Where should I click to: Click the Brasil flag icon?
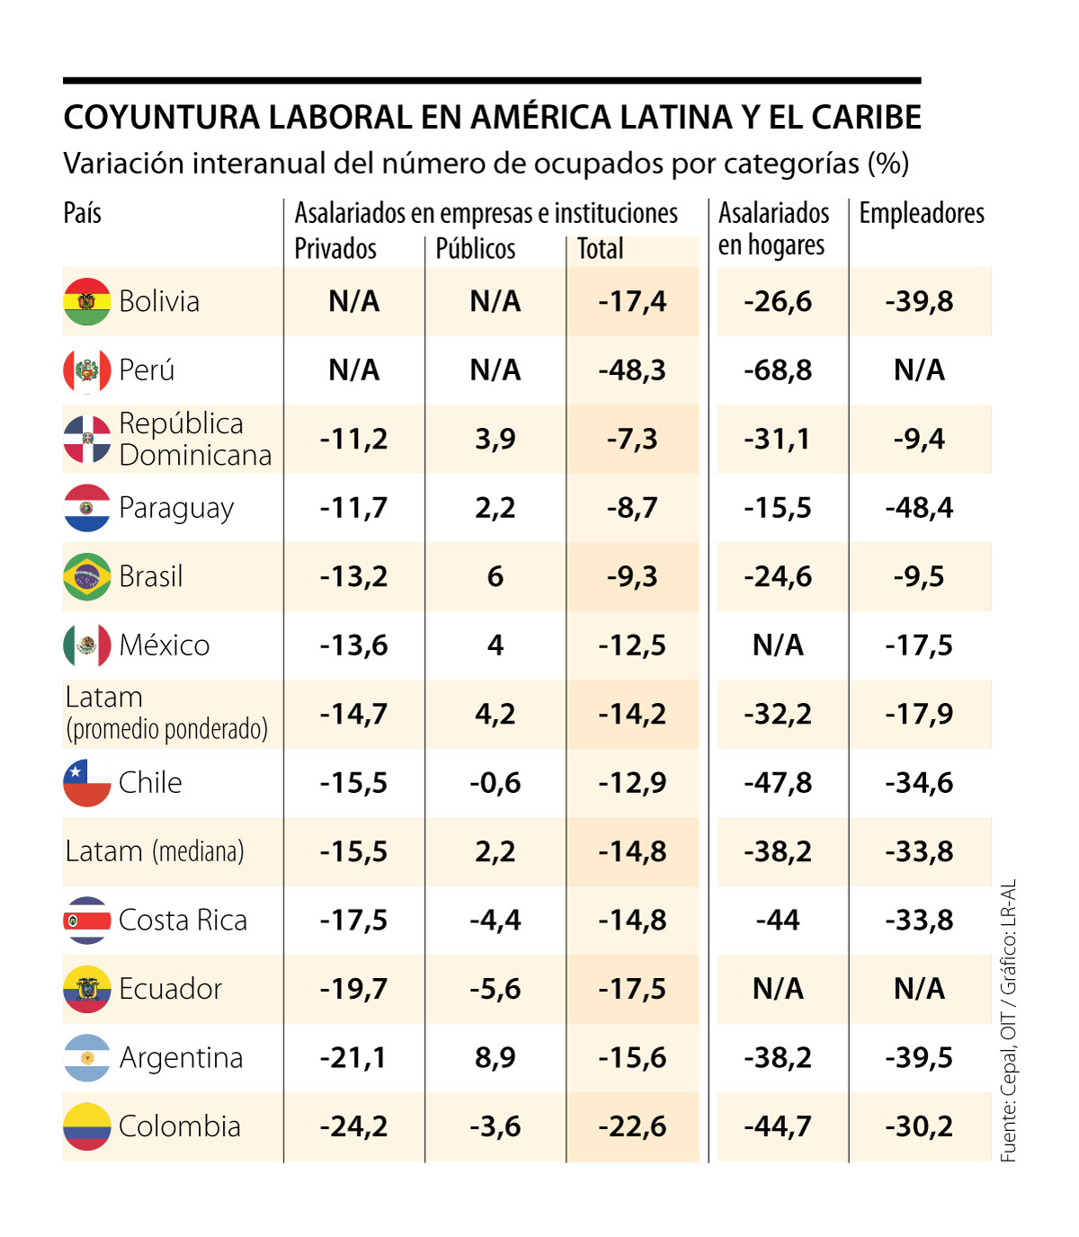pyautogui.click(x=87, y=576)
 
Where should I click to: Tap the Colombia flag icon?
pyautogui.click(x=87, y=1126)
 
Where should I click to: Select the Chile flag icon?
pyautogui.click(x=87, y=783)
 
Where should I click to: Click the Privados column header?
pyautogui.click(x=335, y=249)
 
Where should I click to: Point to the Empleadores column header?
pyautogui.click(x=922, y=214)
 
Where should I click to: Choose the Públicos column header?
pyautogui.click(x=476, y=249)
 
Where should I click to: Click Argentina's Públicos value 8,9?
pyautogui.click(x=495, y=1057)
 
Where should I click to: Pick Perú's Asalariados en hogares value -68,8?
pyautogui.click(x=778, y=370)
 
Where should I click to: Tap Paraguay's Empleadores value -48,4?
pyautogui.click(x=919, y=508)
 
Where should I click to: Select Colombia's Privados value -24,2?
pyautogui.click(x=354, y=1126)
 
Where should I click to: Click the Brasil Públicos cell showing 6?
pyautogui.click(x=495, y=576)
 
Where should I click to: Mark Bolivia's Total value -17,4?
pyautogui.click(x=633, y=301)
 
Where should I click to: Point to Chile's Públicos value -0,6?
pyautogui.click(x=495, y=783)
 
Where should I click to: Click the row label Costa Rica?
pyautogui.click(x=183, y=921)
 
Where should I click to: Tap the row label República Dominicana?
pyautogui.click(x=194, y=439)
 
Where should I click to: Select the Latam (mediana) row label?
pyautogui.click(x=155, y=851)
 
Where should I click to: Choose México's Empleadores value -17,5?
pyautogui.click(x=919, y=645)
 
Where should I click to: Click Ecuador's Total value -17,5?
pyautogui.click(x=633, y=989)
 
